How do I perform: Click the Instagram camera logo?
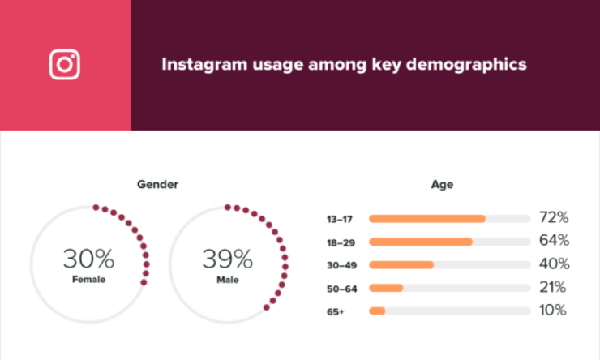point(65,65)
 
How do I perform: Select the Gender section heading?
point(157,185)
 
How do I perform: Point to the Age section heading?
point(442,185)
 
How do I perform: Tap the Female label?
point(88,279)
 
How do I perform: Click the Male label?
point(228,279)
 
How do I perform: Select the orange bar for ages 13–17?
point(426,219)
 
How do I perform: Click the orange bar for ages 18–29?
point(420,242)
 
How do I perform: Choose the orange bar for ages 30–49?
point(401,264)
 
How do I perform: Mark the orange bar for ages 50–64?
point(386,288)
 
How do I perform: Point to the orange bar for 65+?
point(377,311)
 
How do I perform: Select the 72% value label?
point(553,218)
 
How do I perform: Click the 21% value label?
point(553,287)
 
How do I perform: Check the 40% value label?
point(553,264)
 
